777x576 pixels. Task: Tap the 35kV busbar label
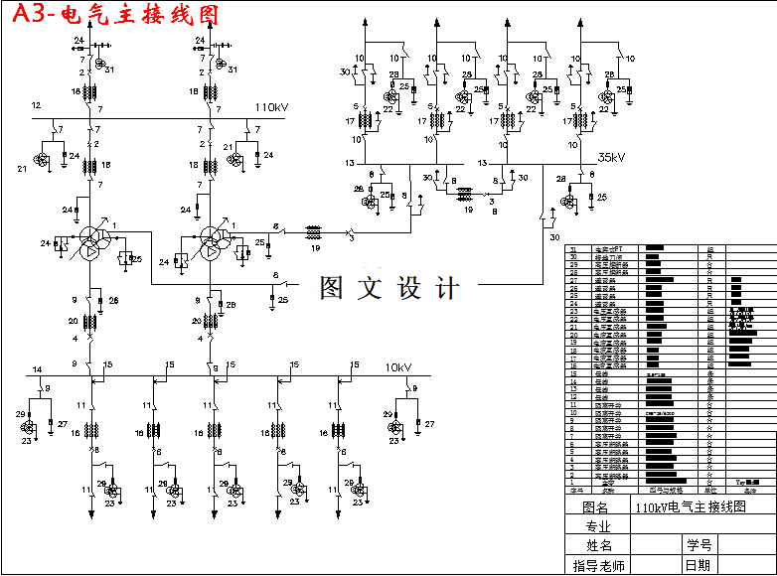pos(610,157)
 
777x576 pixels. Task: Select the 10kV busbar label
pos(399,367)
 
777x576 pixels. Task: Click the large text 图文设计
pos(389,288)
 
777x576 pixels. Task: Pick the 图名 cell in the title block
pos(597,506)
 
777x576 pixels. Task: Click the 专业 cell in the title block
pos(597,526)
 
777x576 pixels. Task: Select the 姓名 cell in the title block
pos(597,545)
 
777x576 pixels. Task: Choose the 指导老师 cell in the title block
pos(597,565)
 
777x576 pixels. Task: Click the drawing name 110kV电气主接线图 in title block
pos(692,506)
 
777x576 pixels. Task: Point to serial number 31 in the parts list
pos(573,248)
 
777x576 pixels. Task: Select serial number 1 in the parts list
pos(573,482)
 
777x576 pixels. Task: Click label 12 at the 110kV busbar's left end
pos(36,105)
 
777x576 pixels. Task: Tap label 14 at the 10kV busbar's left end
pos(37,369)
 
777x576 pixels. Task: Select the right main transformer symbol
pos(212,242)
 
